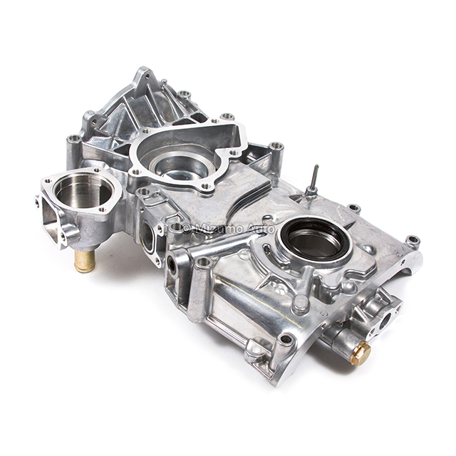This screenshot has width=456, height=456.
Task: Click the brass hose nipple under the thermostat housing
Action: (x=85, y=261)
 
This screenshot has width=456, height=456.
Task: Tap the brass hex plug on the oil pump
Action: (x=361, y=353)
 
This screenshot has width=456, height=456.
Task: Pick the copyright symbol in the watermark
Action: (x=187, y=228)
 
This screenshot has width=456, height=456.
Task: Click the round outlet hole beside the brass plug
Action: (x=385, y=321)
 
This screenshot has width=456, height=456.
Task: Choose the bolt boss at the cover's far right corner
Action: (x=412, y=241)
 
